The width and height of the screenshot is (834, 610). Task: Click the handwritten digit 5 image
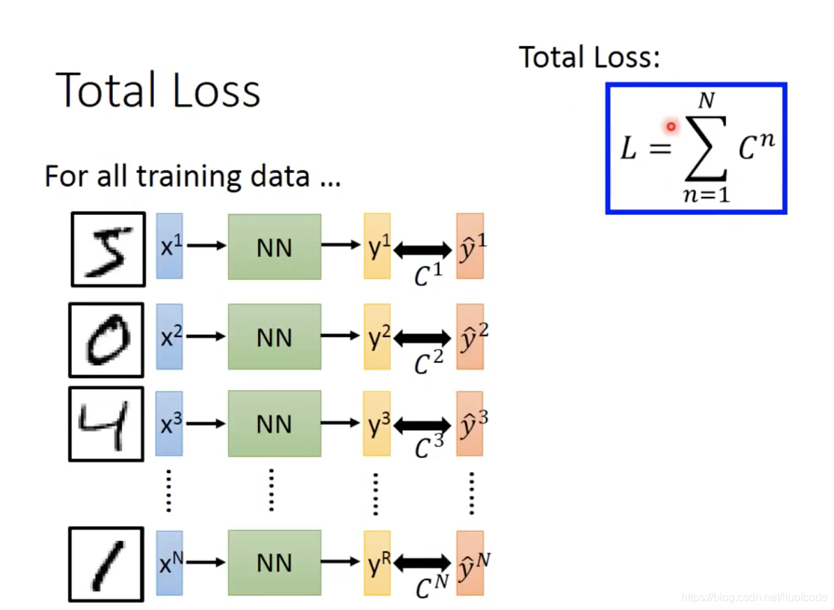108,249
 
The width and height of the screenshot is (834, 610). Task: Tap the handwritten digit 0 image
106,340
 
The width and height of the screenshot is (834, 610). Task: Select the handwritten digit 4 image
106,424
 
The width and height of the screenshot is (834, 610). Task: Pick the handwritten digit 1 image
106,564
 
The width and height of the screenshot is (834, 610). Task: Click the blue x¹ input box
169,246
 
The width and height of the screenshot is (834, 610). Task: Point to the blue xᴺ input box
169,563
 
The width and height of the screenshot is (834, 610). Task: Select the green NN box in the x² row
274,336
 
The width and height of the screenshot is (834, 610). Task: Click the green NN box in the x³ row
274,423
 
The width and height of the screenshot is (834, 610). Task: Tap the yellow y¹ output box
377,246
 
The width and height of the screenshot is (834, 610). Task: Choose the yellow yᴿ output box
377,563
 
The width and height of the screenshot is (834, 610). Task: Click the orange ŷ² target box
470,336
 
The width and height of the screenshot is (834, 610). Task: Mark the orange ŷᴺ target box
470,563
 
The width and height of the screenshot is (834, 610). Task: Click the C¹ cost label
428,276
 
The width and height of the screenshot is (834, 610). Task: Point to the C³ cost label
428,447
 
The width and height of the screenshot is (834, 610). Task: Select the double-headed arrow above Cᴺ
423,563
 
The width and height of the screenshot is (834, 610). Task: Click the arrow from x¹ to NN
206,246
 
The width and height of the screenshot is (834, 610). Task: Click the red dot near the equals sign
671,126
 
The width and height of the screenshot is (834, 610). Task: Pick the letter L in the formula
629,149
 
